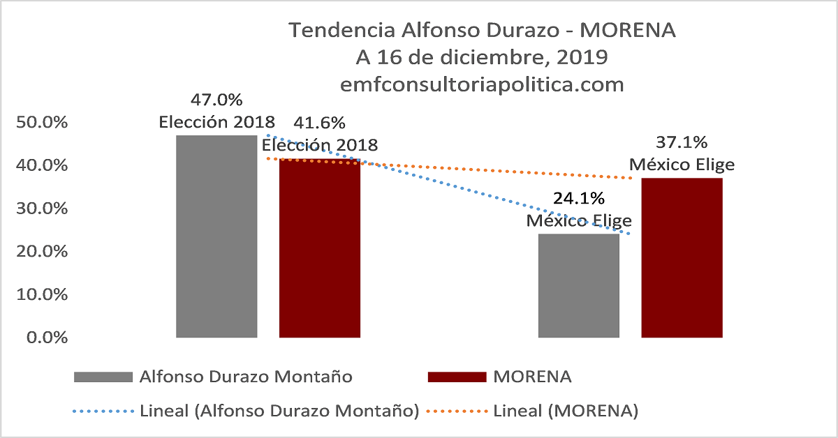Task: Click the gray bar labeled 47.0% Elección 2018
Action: [216, 237]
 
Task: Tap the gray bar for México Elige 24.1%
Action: [579, 286]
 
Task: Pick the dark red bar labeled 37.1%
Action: [682, 258]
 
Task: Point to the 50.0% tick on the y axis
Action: [41, 123]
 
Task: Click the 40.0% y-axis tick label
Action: [41, 166]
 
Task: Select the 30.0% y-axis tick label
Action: [41, 209]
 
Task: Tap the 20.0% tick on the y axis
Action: [41, 252]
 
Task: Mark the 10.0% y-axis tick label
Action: [41, 295]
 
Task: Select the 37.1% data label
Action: [682, 143]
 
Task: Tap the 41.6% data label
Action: [320, 123]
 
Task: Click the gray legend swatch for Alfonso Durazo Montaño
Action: [103, 377]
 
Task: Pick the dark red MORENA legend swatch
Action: [456, 377]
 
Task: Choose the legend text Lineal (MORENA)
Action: [566, 411]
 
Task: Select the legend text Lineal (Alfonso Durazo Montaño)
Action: [279, 411]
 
